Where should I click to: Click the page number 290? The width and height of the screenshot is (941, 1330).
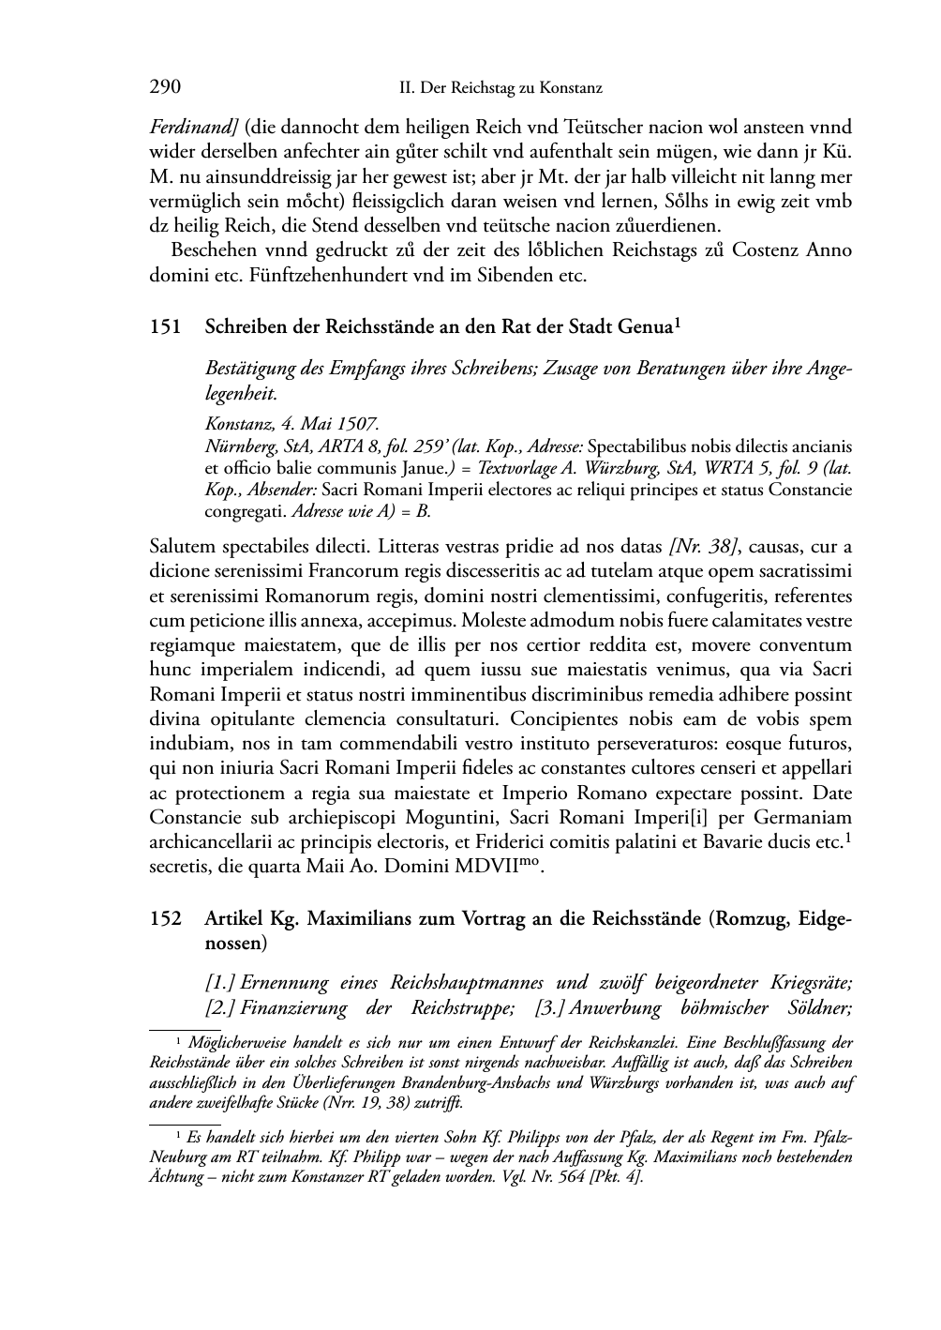point(165,87)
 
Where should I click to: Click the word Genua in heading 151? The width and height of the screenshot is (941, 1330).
point(645,327)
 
